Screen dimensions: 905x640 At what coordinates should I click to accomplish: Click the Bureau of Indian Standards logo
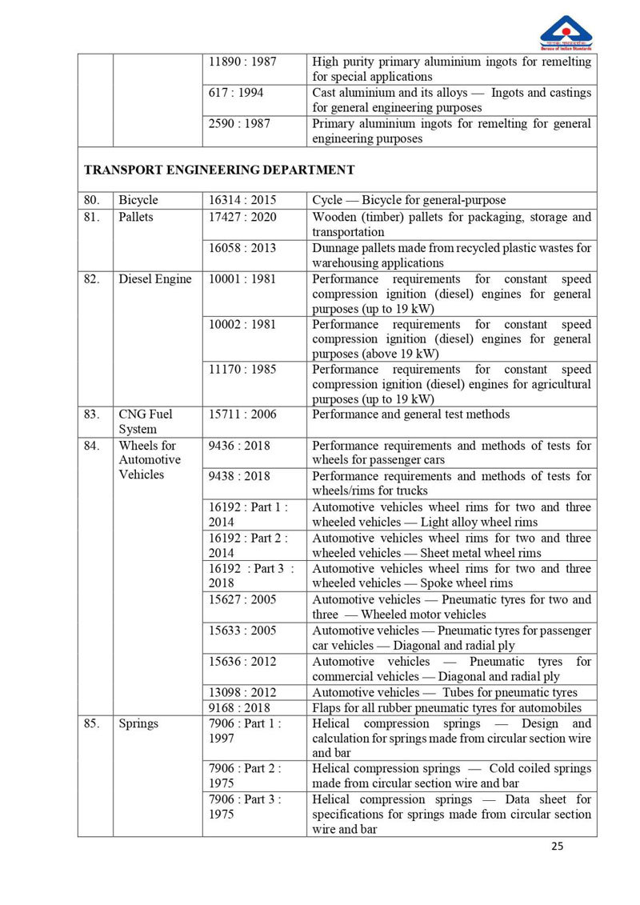click(566, 33)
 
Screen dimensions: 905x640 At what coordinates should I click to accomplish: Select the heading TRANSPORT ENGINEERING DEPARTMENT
click(219, 170)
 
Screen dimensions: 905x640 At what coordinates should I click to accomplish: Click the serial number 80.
click(92, 200)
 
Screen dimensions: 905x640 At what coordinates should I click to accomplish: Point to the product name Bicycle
click(138, 200)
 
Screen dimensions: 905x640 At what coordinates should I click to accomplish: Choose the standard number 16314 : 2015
click(242, 200)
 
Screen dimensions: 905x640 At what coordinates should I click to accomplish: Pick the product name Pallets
click(136, 217)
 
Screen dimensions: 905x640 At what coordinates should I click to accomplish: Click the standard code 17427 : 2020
click(242, 217)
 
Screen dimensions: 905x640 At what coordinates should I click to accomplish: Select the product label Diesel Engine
click(155, 279)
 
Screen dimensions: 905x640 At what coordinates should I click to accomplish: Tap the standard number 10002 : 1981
click(242, 324)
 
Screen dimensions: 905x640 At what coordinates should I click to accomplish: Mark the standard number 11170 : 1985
click(242, 370)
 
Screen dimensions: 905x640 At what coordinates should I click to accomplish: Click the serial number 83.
click(92, 414)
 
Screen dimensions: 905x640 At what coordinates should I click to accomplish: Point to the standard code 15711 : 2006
click(242, 414)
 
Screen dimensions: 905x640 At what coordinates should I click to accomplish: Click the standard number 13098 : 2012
click(242, 692)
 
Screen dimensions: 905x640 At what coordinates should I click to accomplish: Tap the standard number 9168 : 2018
click(239, 708)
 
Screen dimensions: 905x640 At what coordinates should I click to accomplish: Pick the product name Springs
click(138, 723)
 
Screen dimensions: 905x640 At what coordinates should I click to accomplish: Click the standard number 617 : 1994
click(236, 93)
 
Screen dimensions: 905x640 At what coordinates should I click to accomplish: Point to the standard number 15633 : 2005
click(242, 631)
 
